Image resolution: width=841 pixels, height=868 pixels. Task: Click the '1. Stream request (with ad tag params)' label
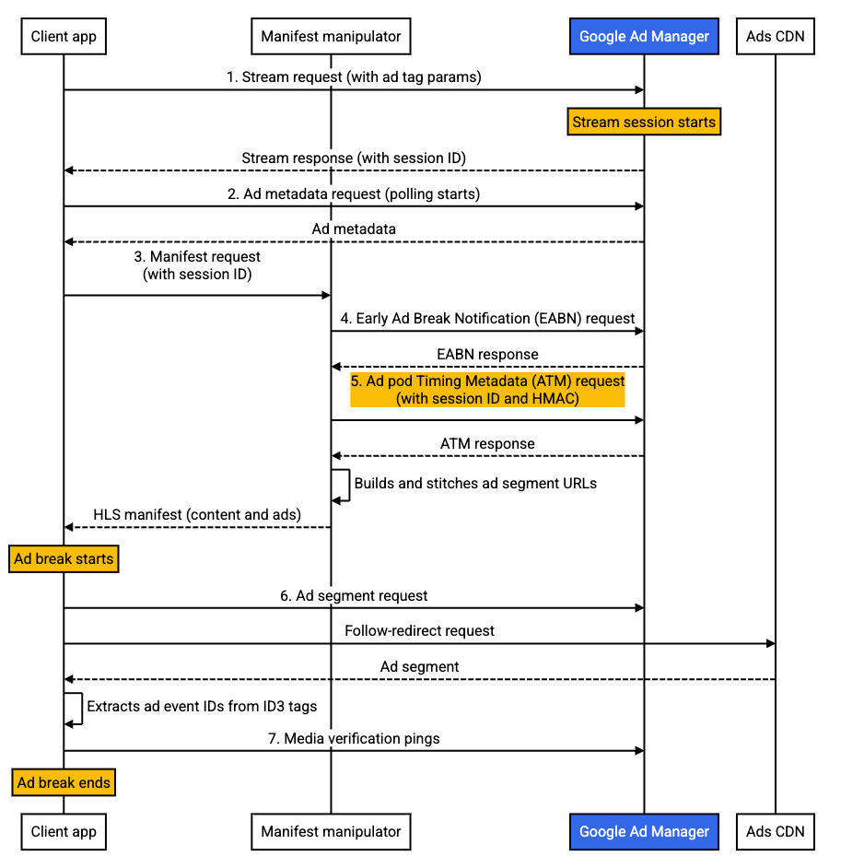[x=354, y=77]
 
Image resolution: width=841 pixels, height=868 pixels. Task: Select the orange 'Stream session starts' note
[x=643, y=122]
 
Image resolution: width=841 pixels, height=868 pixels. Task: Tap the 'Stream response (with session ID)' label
[x=354, y=158]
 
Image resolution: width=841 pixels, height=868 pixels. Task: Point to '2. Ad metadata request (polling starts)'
[x=354, y=194]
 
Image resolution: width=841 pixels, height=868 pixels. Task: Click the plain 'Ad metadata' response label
[x=354, y=229]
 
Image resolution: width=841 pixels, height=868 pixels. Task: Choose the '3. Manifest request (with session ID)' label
[x=197, y=265]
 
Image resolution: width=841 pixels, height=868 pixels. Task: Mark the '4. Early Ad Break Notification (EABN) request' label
[x=487, y=318]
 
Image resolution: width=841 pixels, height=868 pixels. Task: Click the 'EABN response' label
[x=487, y=354]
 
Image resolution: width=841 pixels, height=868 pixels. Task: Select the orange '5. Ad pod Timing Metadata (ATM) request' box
[x=487, y=389]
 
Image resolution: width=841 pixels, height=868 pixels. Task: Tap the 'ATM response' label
[x=487, y=443]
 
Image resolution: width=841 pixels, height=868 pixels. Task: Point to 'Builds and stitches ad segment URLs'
[x=475, y=483]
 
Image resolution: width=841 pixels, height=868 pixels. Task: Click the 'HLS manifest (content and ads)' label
[x=197, y=514]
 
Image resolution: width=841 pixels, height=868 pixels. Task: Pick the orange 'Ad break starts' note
[x=64, y=558]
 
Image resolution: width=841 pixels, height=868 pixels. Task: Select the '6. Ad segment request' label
[x=354, y=595]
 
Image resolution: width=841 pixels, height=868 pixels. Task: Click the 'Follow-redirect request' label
[x=419, y=631]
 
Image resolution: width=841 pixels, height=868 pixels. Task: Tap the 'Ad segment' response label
[x=419, y=666]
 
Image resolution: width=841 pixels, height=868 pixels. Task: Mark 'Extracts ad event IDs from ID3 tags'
[x=202, y=707]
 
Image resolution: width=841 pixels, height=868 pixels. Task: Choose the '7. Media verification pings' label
[x=354, y=738]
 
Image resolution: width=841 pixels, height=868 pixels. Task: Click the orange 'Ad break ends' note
[x=64, y=782]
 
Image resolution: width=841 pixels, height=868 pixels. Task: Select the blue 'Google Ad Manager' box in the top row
[x=644, y=37]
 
